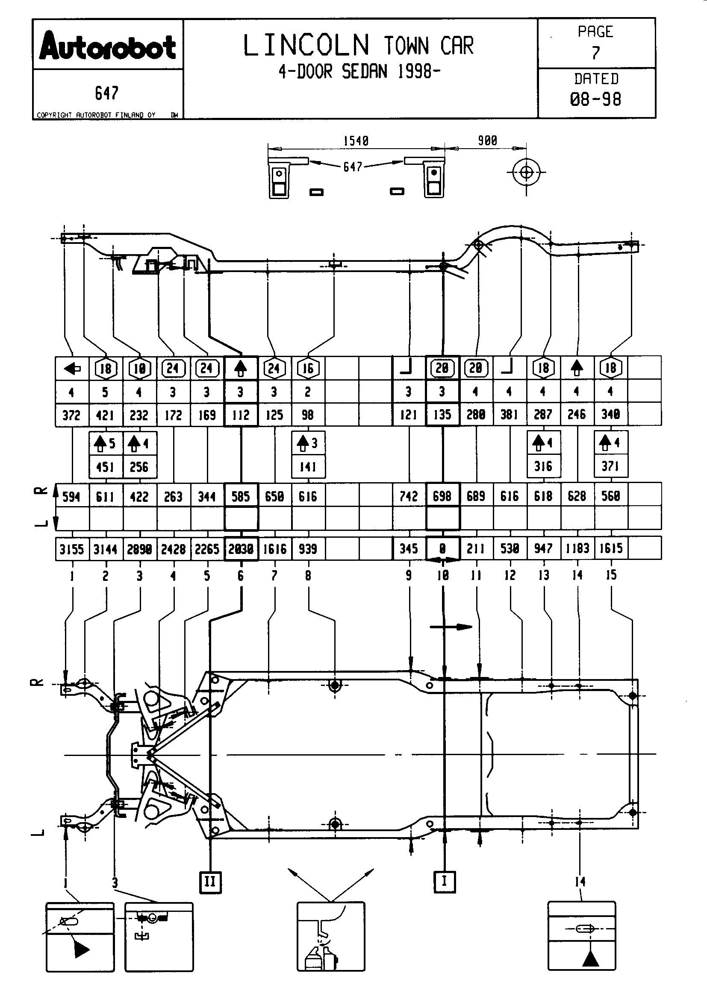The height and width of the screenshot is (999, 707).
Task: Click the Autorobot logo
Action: coord(108,46)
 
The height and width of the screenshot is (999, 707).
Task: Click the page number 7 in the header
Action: coord(595,53)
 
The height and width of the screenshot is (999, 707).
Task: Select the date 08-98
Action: coord(595,100)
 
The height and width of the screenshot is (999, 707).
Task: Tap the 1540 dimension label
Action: coord(356,141)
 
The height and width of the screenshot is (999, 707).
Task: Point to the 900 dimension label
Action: coord(487,141)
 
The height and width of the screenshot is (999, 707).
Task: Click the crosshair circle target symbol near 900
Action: coord(526,173)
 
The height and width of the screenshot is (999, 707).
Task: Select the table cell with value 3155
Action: coord(72,549)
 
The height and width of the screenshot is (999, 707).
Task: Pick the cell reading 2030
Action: coord(241,549)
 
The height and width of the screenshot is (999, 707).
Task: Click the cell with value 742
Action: coord(409,496)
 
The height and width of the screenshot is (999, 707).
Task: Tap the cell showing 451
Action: coord(105,467)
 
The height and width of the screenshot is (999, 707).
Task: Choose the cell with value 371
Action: coord(610,466)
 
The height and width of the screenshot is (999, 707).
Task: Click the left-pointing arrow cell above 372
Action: coord(72,369)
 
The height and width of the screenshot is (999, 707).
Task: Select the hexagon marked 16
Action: coord(308,369)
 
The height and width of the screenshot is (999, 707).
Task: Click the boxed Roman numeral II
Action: coord(210,882)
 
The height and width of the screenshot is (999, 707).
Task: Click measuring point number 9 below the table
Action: coord(408,576)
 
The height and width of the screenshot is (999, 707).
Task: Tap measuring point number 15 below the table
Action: coord(611,575)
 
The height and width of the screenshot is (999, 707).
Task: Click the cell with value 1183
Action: coord(577,549)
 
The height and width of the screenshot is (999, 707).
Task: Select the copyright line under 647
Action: coord(96,115)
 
